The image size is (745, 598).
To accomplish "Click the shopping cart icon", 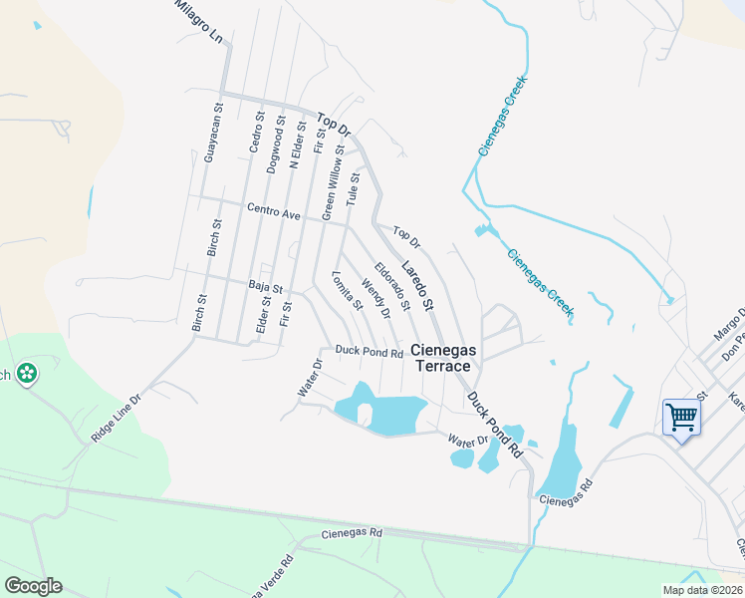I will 681,417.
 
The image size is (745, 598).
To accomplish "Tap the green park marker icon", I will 27,374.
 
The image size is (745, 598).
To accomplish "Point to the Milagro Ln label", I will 198,22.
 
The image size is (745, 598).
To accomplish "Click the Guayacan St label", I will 209,137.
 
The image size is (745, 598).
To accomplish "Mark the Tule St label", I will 352,188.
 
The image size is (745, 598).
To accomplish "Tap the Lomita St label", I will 346,290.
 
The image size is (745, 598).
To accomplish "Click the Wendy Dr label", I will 375,300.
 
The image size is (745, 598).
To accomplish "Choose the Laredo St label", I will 418,284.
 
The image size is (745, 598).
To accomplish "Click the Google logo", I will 33,586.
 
